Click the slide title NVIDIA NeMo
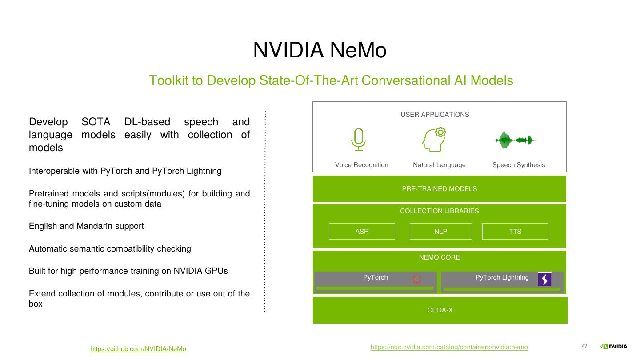coord(320,50)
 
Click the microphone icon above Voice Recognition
coord(358,140)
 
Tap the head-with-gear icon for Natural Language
coord(434,140)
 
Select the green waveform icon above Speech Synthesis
coord(514,140)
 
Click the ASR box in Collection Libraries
coord(362,232)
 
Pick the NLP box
coord(440,232)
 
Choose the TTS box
coord(515,232)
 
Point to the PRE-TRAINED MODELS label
coord(439,189)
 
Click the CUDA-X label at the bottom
coord(440,310)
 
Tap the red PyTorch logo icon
coord(417,279)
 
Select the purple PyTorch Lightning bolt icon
coord(544,279)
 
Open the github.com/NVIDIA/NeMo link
coord(138,349)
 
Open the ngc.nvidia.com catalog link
coord(449,347)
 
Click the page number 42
coord(584,347)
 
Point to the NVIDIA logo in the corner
coord(614,347)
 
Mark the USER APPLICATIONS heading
coord(435,115)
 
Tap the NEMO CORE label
coord(439,257)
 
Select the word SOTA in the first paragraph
coord(96,122)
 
